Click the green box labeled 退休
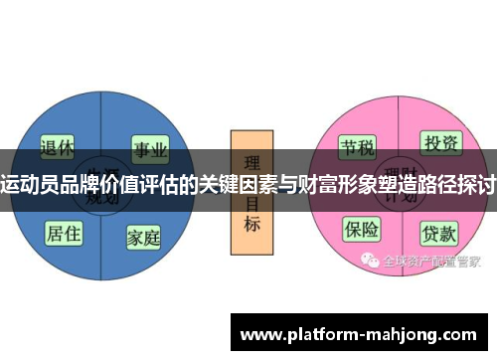coord(58,148)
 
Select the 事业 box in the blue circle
coord(149,149)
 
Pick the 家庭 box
coord(144,238)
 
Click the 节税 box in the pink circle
coord(358,149)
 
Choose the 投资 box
coord(439,144)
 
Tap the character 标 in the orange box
coord(251,225)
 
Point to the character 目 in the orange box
coord(251,205)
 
